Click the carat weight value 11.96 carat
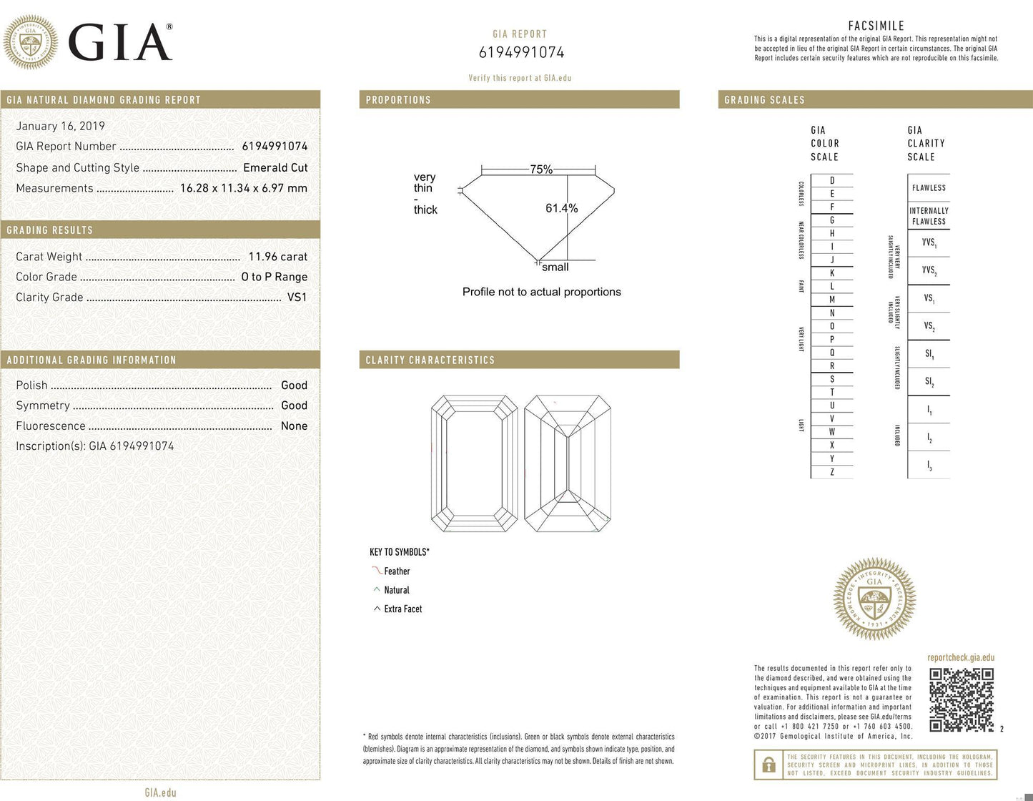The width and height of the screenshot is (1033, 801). [x=277, y=257]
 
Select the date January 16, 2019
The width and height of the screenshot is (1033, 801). [x=61, y=126]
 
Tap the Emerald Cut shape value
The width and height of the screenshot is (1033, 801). [x=275, y=167]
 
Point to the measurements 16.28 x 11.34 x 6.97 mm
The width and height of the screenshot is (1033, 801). [x=243, y=188]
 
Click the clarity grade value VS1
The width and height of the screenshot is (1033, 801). [x=297, y=297]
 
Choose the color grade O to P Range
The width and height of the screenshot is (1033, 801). [x=274, y=277]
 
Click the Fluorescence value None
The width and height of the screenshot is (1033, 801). [x=294, y=426]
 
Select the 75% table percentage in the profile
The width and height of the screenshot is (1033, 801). [x=540, y=169]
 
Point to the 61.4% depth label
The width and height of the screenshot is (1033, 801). [x=561, y=208]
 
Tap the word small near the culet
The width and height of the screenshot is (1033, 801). [x=555, y=267]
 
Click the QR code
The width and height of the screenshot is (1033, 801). [x=962, y=699]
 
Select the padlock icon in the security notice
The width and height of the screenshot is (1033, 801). [x=768, y=765]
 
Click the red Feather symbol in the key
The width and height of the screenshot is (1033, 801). [x=377, y=571]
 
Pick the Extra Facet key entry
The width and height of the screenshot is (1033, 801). [x=402, y=609]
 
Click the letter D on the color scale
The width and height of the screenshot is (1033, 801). [x=832, y=181]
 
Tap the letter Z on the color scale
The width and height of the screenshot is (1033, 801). [x=832, y=472]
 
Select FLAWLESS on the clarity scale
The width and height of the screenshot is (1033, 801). [x=929, y=188]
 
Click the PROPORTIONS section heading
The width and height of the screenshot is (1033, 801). [x=398, y=100]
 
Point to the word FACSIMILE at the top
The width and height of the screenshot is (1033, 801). [x=876, y=26]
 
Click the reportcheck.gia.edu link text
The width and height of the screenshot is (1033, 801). [x=961, y=657]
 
